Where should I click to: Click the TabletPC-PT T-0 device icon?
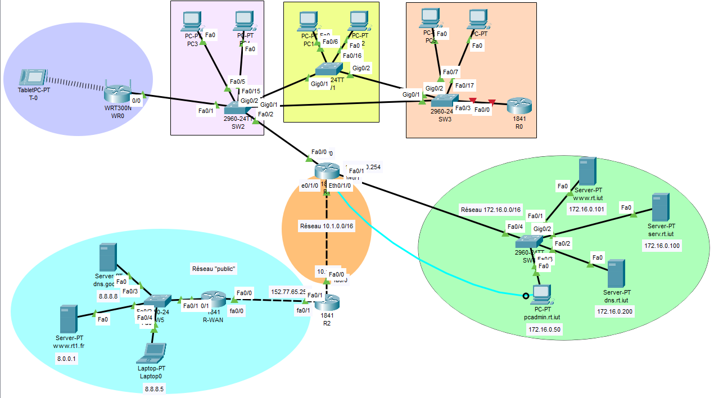tap(33, 77)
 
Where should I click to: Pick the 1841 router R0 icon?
tap(518, 105)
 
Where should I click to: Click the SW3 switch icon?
tap(445, 101)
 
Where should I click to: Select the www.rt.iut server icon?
tap(587, 171)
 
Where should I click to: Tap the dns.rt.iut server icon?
tap(617, 273)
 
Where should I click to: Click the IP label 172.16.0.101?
tap(588, 209)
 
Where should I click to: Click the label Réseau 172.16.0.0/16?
tap(491, 209)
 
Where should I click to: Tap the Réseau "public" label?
tap(214, 269)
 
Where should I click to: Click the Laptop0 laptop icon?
tap(153, 352)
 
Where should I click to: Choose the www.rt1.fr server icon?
tap(69, 319)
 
